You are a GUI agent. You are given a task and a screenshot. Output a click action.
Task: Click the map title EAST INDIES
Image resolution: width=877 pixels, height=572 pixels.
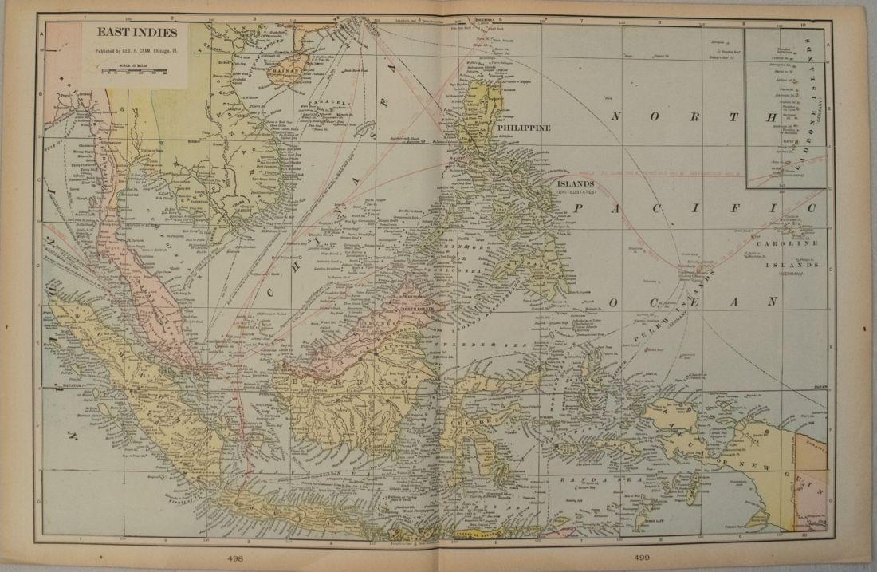pyautogui.click(x=132, y=35)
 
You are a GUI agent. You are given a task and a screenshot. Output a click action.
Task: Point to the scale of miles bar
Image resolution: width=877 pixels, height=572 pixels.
pyautogui.click(x=132, y=72)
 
